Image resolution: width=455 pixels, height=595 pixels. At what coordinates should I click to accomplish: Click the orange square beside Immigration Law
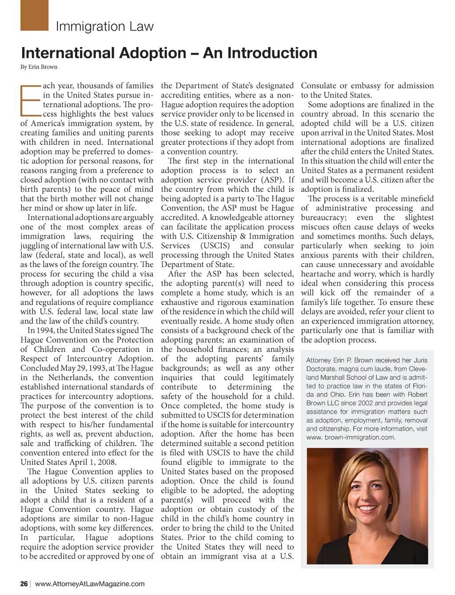35,16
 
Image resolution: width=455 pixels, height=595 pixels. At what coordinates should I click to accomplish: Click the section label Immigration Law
104,27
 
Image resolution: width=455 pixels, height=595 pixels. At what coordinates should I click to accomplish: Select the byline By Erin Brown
39,67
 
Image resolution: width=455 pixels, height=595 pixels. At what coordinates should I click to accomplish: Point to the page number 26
24,584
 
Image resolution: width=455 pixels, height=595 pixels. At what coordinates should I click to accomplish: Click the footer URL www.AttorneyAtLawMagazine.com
90,584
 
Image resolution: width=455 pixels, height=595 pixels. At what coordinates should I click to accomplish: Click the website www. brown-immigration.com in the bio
351,437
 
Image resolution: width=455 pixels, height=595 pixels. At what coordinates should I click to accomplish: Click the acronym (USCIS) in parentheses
215,246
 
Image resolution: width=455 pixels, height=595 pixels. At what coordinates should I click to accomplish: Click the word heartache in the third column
319,274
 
